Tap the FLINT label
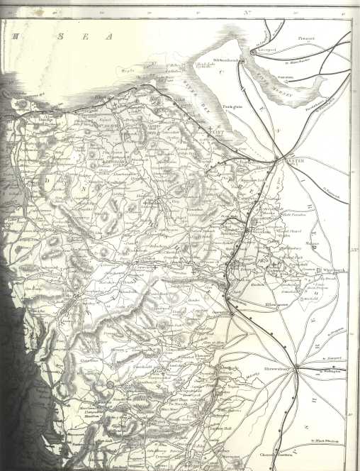[218, 132]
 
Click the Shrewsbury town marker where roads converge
[297, 367]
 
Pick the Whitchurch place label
[330, 270]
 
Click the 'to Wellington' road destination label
[330, 371]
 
